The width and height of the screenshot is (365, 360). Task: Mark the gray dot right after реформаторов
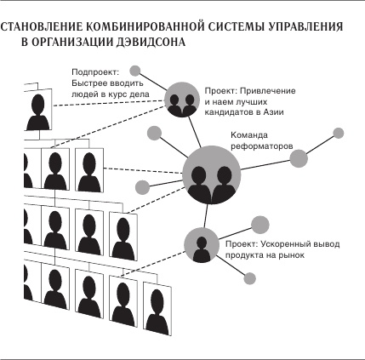(x=299, y=155)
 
